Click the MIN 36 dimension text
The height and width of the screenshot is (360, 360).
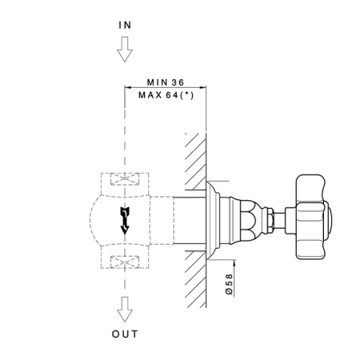click(166, 82)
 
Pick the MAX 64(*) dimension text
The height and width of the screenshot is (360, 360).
click(166, 94)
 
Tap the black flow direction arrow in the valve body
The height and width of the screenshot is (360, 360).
click(124, 218)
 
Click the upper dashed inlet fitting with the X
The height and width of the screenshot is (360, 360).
click(124, 182)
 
